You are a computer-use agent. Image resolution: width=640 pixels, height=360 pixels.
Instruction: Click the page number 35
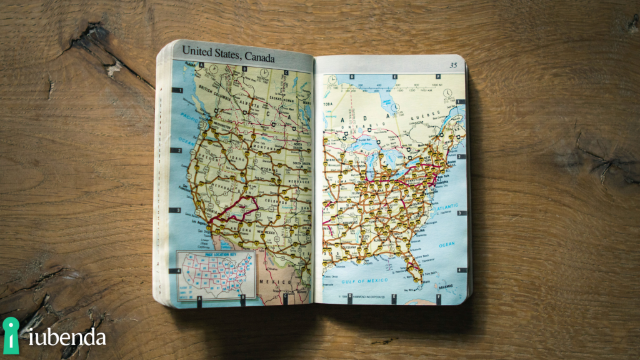[x=453, y=65]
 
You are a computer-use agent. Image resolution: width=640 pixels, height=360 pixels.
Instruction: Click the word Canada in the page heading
[x=259, y=57]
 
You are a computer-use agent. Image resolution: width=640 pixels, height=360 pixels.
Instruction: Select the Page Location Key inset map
[x=215, y=274]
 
